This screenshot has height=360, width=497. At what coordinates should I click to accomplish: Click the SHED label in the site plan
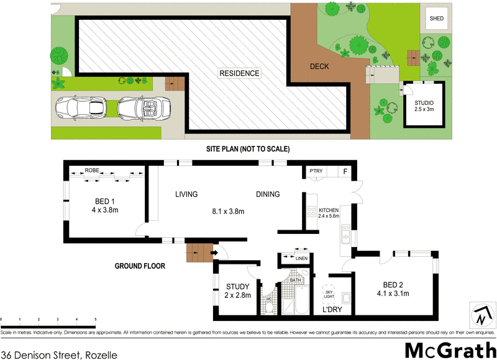pos(437,19)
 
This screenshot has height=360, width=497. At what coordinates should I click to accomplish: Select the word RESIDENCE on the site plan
pos(239,73)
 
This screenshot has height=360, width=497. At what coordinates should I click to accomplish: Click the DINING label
pos(268,194)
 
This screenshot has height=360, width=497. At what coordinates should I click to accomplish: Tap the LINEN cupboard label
pos(301,258)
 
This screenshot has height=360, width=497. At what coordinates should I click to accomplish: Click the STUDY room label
pos(237,286)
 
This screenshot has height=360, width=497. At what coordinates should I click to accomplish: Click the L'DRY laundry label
pos(332,309)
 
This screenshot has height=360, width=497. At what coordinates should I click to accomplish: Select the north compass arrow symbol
pos(480,316)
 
